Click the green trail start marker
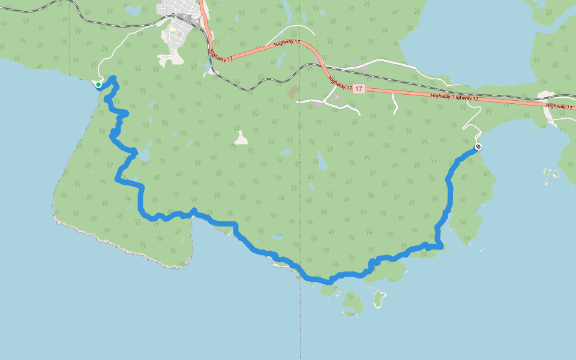tap(98, 85)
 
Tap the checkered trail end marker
tap(478, 147)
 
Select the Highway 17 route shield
tap(358, 89)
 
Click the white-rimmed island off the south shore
tap(379, 298)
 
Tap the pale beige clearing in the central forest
tap(241, 139)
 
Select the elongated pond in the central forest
tap(322, 160)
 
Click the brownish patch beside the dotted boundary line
tap(293, 92)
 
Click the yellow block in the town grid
tap(172, 31)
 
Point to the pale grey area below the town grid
tap(172, 58)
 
